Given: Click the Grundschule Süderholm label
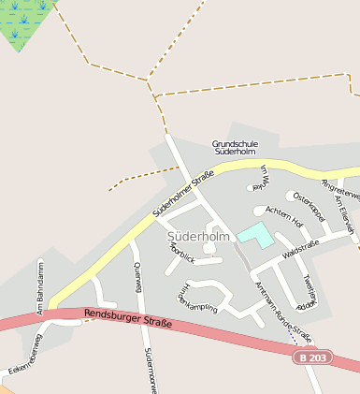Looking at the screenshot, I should tap(235, 146).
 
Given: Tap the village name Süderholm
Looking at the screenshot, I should tap(198, 237).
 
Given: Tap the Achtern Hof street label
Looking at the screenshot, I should tap(284, 216).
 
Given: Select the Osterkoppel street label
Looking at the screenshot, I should tap(308, 206).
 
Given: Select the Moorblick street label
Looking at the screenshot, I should tap(179, 255).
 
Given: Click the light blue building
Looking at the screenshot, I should tap(255, 235).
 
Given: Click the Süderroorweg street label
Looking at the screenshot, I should tap(147, 371).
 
